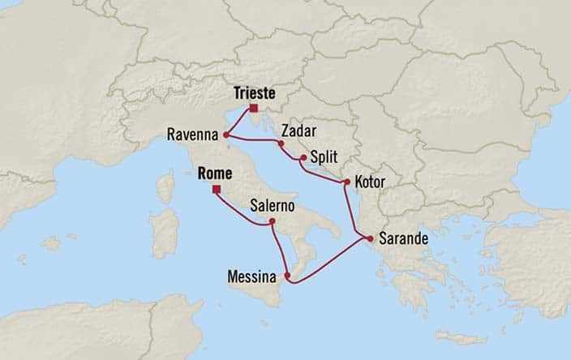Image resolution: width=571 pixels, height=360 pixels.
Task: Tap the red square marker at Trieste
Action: click(x=254, y=108)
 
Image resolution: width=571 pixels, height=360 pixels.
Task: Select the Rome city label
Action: click(x=215, y=174)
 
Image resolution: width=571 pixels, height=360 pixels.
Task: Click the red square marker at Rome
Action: click(x=216, y=191)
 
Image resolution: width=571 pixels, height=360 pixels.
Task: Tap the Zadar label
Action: click(x=298, y=130)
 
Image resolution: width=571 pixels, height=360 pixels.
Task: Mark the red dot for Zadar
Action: click(x=281, y=144)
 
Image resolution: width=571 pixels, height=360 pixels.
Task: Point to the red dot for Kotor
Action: click(x=347, y=182)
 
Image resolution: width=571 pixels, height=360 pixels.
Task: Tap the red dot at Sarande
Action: click(x=370, y=239)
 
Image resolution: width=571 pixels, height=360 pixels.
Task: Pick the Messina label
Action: click(x=253, y=276)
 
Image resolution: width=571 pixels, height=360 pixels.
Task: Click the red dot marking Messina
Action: click(x=288, y=276)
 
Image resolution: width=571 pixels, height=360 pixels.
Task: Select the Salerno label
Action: click(x=273, y=206)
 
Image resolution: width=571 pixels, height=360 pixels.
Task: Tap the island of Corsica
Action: click(x=165, y=187)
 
